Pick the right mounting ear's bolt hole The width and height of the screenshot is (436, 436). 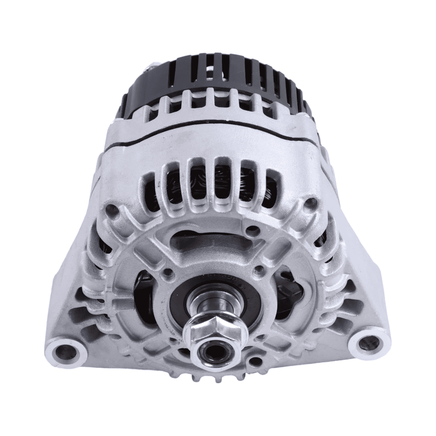pos(368,342)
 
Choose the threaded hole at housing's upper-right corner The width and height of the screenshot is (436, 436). pos(311,202)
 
